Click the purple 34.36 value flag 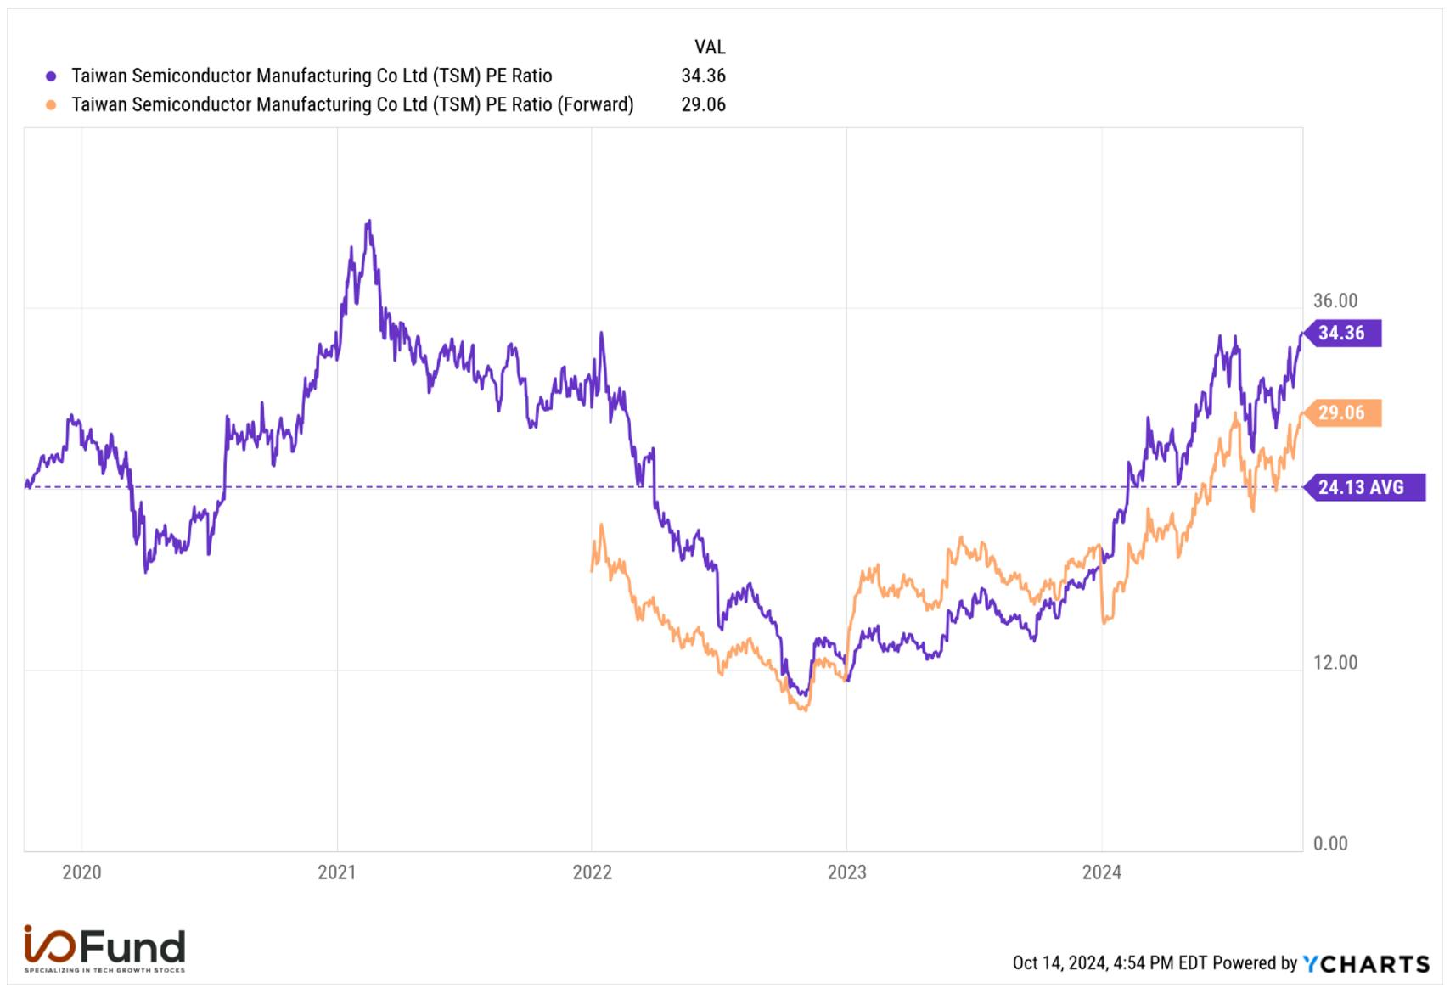pyautogui.click(x=1342, y=334)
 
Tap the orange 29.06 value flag pyautogui.click(x=1342, y=413)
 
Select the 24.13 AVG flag pyautogui.click(x=1364, y=487)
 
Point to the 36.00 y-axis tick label pyautogui.click(x=1335, y=300)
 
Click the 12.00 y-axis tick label pyautogui.click(x=1335, y=663)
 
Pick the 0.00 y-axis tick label pyautogui.click(x=1330, y=844)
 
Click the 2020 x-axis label pyautogui.click(x=81, y=872)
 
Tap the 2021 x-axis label pyautogui.click(x=336, y=872)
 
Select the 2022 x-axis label pyautogui.click(x=592, y=872)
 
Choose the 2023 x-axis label pyautogui.click(x=846, y=872)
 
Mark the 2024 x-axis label pyautogui.click(x=1102, y=872)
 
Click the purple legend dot pyautogui.click(x=51, y=76)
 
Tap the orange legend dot pyautogui.click(x=51, y=105)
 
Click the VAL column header pyautogui.click(x=710, y=48)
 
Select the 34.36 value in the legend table pyautogui.click(x=704, y=76)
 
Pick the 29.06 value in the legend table pyautogui.click(x=704, y=105)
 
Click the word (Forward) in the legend pyautogui.click(x=596, y=105)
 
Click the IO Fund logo pyautogui.click(x=104, y=948)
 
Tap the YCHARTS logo pyautogui.click(x=1366, y=964)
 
